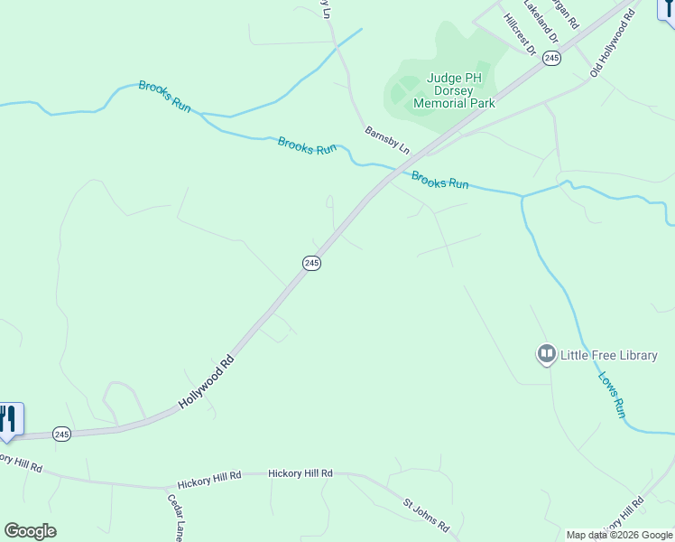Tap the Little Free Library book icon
tap(546, 355)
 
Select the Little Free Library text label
tap(609, 356)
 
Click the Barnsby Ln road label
tap(387, 139)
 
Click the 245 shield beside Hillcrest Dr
tap(552, 57)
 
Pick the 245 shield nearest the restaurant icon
tap(61, 434)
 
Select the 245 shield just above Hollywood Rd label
tap(311, 263)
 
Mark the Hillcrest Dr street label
tap(520, 31)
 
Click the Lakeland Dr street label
tap(541, 22)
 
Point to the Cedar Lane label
tap(176, 513)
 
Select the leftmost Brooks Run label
tap(164, 97)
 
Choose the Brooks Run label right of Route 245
tap(439, 179)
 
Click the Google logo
tap(30, 531)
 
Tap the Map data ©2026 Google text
tap(619, 536)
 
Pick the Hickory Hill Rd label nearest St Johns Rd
tap(301, 473)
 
